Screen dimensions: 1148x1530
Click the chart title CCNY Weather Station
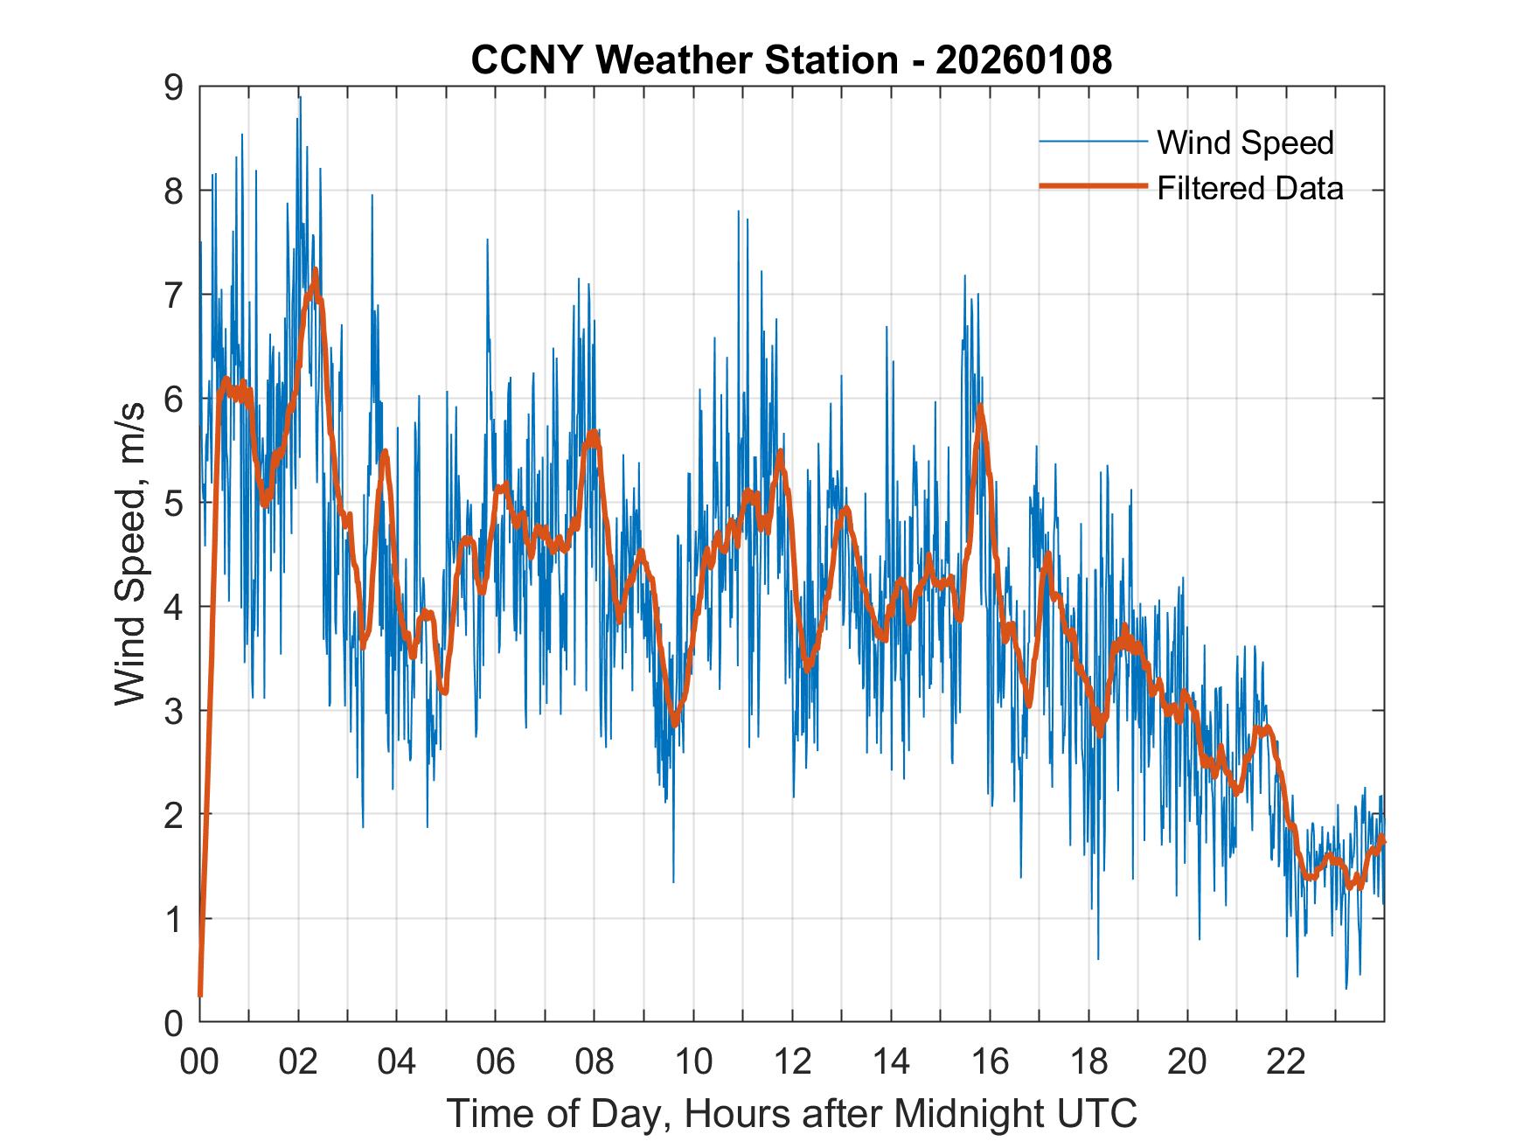pyautogui.click(x=684, y=60)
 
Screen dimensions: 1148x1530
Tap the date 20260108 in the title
pyautogui.click(x=1024, y=60)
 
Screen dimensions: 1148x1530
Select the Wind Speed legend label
pyautogui.click(x=1245, y=143)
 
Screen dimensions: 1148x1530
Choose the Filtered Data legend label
pyautogui.click(x=1249, y=188)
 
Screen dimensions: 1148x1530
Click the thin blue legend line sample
pyautogui.click(x=1092, y=142)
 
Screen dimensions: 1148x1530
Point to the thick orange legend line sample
pyautogui.click(x=1092, y=187)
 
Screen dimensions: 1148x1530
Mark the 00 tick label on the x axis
pyautogui.click(x=199, y=1061)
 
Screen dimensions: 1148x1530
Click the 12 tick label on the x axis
pyautogui.click(x=792, y=1061)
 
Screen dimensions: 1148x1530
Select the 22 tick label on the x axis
pyautogui.click(x=1286, y=1061)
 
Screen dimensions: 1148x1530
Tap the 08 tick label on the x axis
pyautogui.click(x=595, y=1061)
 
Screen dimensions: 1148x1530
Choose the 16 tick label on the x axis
pyautogui.click(x=990, y=1061)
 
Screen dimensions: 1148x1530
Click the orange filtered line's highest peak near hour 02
pyautogui.click(x=315, y=270)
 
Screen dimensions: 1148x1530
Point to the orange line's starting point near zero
pyautogui.click(x=200, y=994)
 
